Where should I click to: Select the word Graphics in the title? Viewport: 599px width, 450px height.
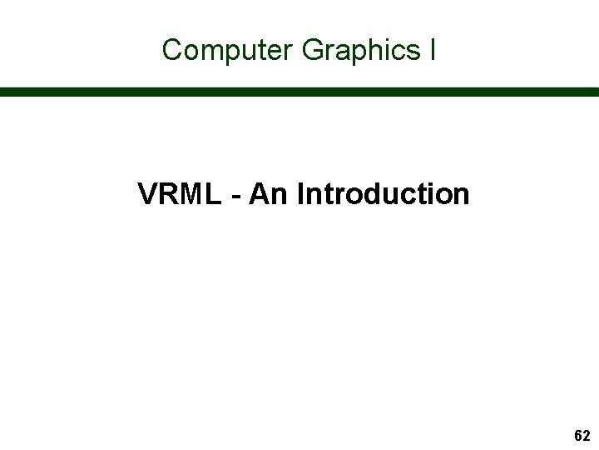tap(361, 50)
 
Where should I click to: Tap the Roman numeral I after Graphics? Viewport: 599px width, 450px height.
tap(433, 50)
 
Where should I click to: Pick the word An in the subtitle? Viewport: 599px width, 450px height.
tap(268, 194)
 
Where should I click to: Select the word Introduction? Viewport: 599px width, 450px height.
tap(383, 194)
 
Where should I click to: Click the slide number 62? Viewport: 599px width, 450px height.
tap(582, 436)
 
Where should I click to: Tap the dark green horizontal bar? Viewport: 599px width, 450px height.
tap(299, 92)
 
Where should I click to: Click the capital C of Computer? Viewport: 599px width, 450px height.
tap(172, 50)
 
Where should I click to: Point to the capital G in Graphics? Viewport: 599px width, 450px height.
tap(313, 50)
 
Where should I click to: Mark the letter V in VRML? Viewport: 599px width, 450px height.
tap(147, 194)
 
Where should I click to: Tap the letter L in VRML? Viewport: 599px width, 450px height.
tap(213, 194)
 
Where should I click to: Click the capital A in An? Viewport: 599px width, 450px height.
tap(260, 194)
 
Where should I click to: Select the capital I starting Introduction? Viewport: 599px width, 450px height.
tap(300, 194)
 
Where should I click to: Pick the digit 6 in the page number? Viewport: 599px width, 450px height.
tap(578, 436)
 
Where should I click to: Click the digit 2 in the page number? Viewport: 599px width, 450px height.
tap(587, 436)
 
